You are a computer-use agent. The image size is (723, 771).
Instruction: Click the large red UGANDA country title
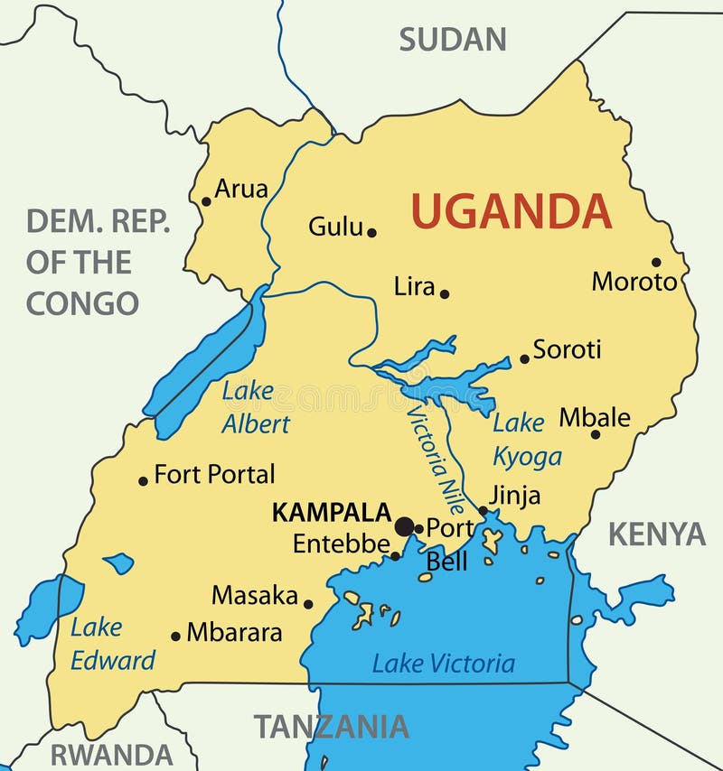click(512, 211)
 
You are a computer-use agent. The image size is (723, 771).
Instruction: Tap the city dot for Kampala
click(405, 526)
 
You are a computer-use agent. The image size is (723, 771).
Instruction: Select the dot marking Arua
click(206, 201)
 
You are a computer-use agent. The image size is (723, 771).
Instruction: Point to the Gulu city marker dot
click(371, 232)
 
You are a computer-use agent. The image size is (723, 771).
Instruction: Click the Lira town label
click(414, 287)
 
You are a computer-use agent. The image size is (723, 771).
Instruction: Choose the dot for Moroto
click(656, 263)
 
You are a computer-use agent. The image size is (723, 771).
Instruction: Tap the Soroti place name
click(567, 349)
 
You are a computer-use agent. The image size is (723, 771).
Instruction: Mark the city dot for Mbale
click(596, 434)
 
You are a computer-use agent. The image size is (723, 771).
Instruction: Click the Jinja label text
click(514, 496)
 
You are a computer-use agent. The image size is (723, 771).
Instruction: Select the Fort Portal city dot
click(143, 480)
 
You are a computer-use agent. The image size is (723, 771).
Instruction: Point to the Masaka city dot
click(308, 604)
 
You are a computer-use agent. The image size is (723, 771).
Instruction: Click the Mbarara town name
click(234, 633)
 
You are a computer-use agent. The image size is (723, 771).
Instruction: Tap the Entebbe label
click(342, 544)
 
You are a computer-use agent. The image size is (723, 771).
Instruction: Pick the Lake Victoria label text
click(443, 664)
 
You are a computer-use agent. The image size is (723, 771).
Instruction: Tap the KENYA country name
click(655, 534)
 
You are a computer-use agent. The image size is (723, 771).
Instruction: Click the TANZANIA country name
click(331, 727)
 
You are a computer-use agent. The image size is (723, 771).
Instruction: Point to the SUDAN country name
click(453, 39)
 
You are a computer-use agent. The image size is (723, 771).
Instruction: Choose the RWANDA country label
click(111, 755)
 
